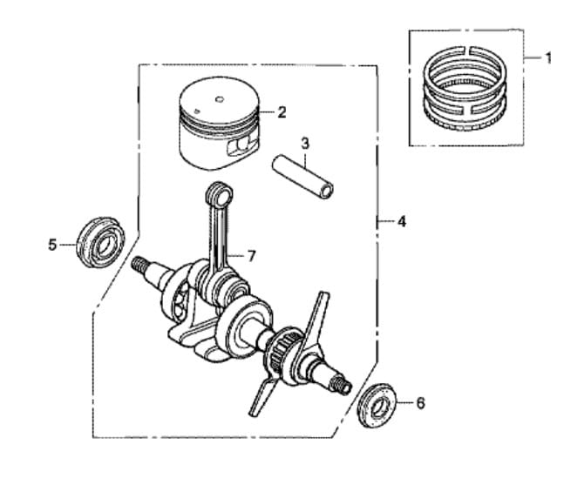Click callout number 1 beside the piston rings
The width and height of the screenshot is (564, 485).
548,58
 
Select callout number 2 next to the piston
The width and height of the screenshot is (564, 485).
282,111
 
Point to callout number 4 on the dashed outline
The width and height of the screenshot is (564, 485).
401,222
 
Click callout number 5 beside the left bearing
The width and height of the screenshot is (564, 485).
52,246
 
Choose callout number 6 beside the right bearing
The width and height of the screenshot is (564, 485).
421,403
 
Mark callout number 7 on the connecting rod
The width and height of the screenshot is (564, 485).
251,255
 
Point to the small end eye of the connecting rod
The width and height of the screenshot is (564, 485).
215,192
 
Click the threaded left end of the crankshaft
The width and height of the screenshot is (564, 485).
140,264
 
